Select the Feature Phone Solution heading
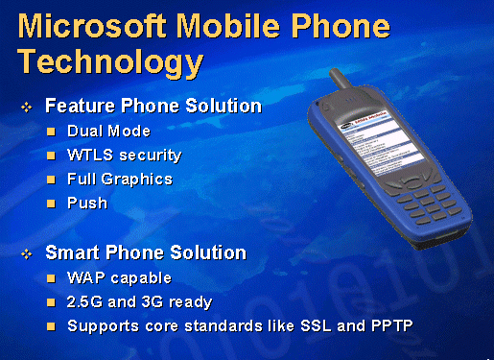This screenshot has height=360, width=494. click(x=153, y=105)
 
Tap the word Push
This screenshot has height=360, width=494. click(x=87, y=203)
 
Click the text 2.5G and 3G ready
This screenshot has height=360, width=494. click(x=140, y=302)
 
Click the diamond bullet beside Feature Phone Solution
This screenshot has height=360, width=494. click(x=28, y=106)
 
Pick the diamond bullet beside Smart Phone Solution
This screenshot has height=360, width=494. click(x=28, y=254)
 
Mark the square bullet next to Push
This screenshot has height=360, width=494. click(x=53, y=203)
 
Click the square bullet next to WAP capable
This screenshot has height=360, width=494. click(x=53, y=278)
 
